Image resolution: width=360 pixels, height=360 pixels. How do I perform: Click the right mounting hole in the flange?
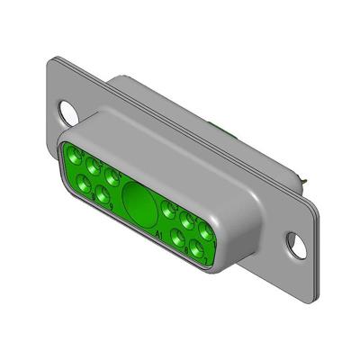point(292,240)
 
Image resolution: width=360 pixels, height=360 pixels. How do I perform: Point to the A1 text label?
point(159,235)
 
